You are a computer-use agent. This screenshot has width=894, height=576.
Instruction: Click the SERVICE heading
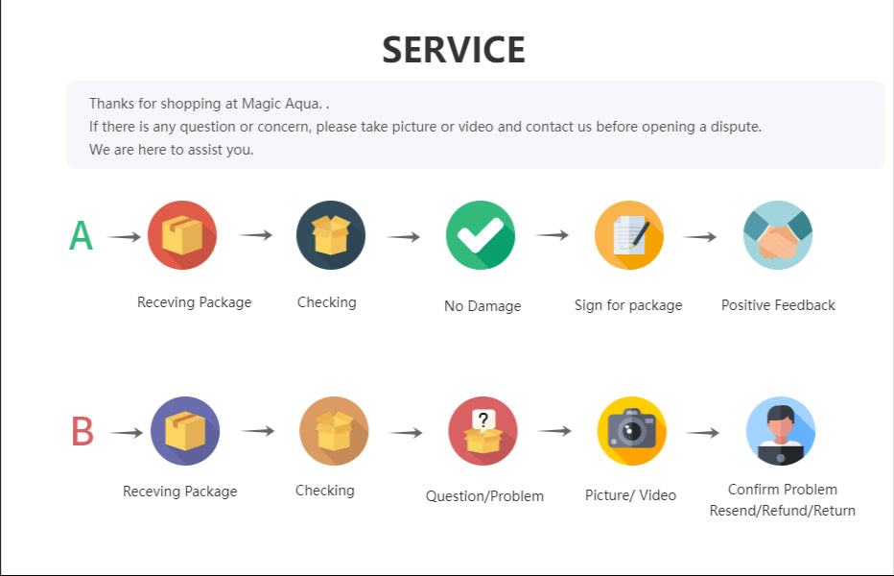[454, 50]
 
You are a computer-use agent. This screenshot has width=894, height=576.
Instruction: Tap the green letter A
[81, 236]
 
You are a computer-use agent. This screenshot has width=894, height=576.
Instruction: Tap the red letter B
[82, 431]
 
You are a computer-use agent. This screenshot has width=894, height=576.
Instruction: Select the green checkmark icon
[480, 235]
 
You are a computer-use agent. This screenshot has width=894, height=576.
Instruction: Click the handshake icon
[778, 235]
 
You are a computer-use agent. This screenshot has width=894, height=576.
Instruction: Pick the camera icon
[632, 431]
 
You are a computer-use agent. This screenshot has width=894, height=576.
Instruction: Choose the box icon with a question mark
[482, 431]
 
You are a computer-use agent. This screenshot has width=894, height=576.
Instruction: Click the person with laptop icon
[781, 431]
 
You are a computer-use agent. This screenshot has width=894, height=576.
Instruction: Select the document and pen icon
[629, 235]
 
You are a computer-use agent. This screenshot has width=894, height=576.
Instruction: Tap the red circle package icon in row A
[182, 235]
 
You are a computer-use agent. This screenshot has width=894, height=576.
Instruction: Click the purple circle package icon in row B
[185, 431]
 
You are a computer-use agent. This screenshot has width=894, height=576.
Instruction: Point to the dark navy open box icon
[331, 235]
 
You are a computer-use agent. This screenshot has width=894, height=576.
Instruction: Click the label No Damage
[482, 306]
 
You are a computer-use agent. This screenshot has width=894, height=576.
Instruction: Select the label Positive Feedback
[778, 305]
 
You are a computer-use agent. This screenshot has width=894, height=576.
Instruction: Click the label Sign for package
[628, 305]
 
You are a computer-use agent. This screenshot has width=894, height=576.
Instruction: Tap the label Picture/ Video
[630, 495]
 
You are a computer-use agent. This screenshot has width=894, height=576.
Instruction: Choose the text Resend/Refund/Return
[783, 511]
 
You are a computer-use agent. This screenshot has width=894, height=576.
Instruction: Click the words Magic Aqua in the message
[280, 104]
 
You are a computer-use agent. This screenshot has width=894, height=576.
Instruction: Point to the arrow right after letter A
[125, 236]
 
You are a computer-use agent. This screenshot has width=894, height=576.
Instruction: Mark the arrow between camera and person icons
[702, 433]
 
